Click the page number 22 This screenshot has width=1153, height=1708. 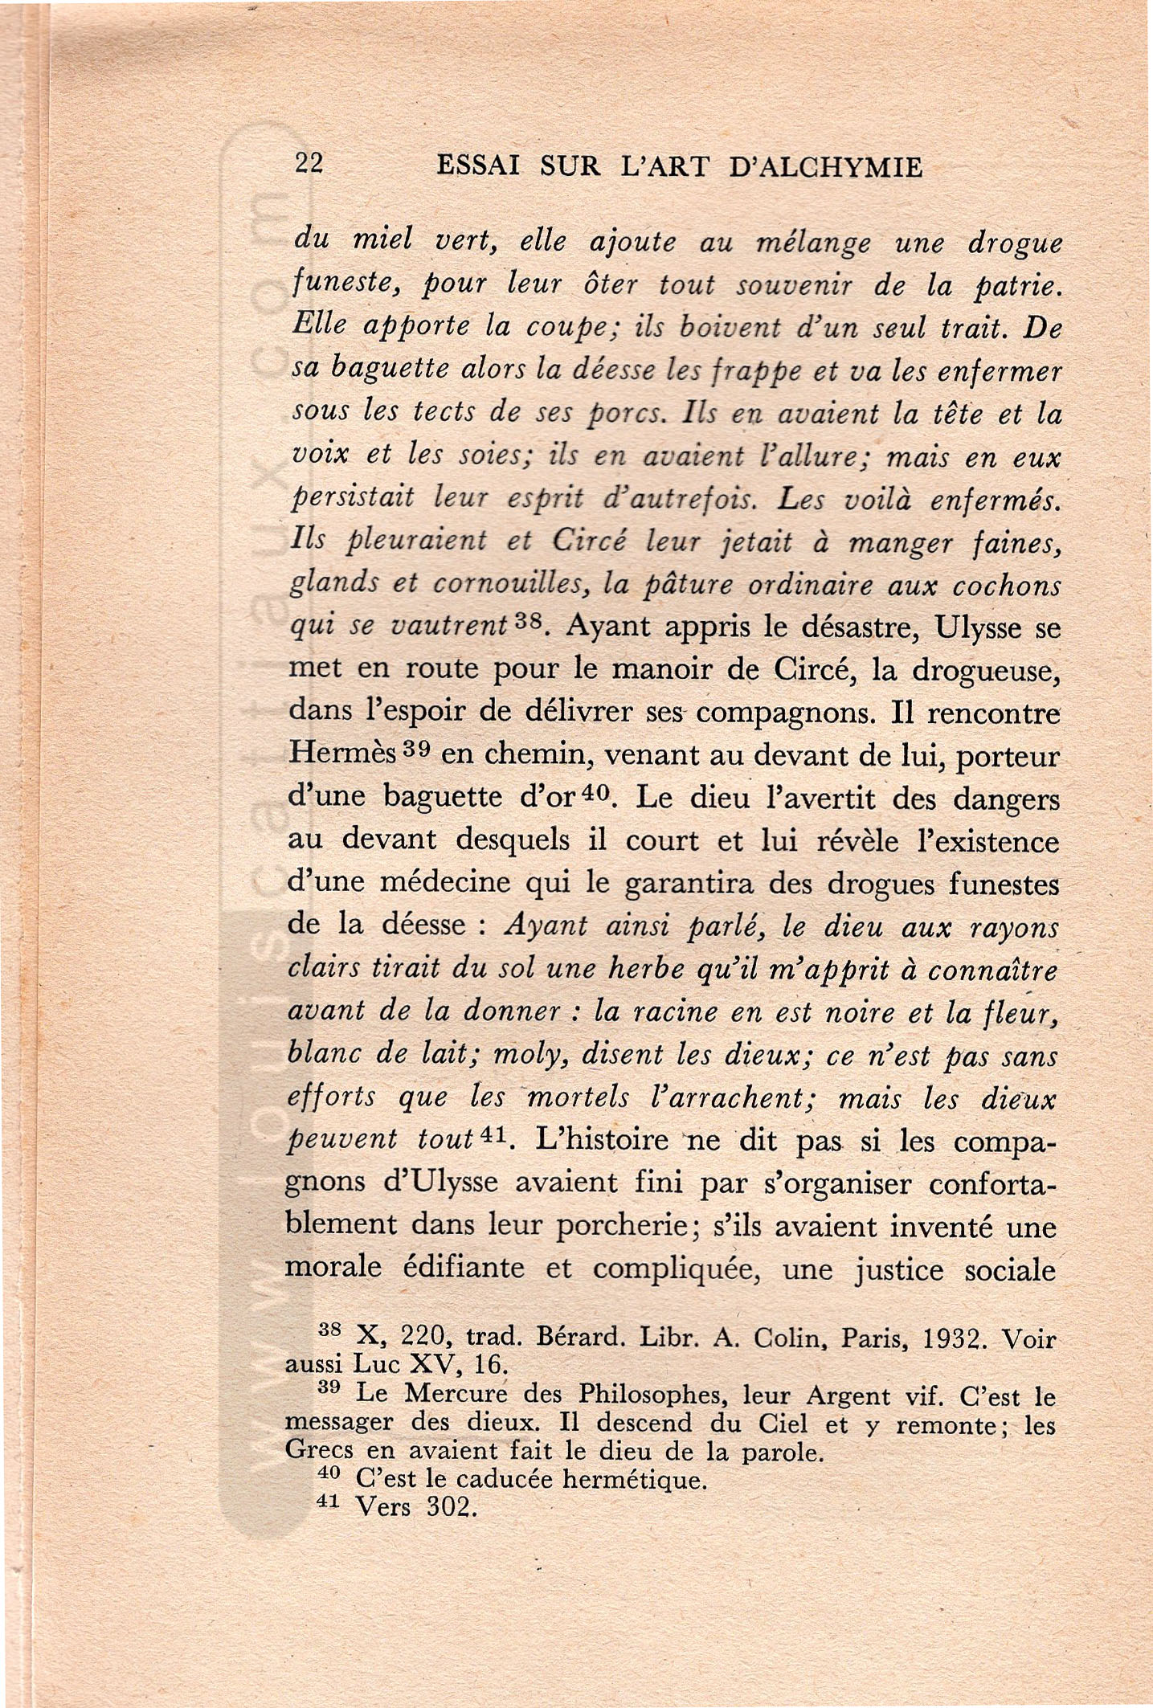point(309,164)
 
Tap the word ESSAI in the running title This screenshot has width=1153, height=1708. point(476,166)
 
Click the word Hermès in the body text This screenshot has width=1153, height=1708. point(341,753)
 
